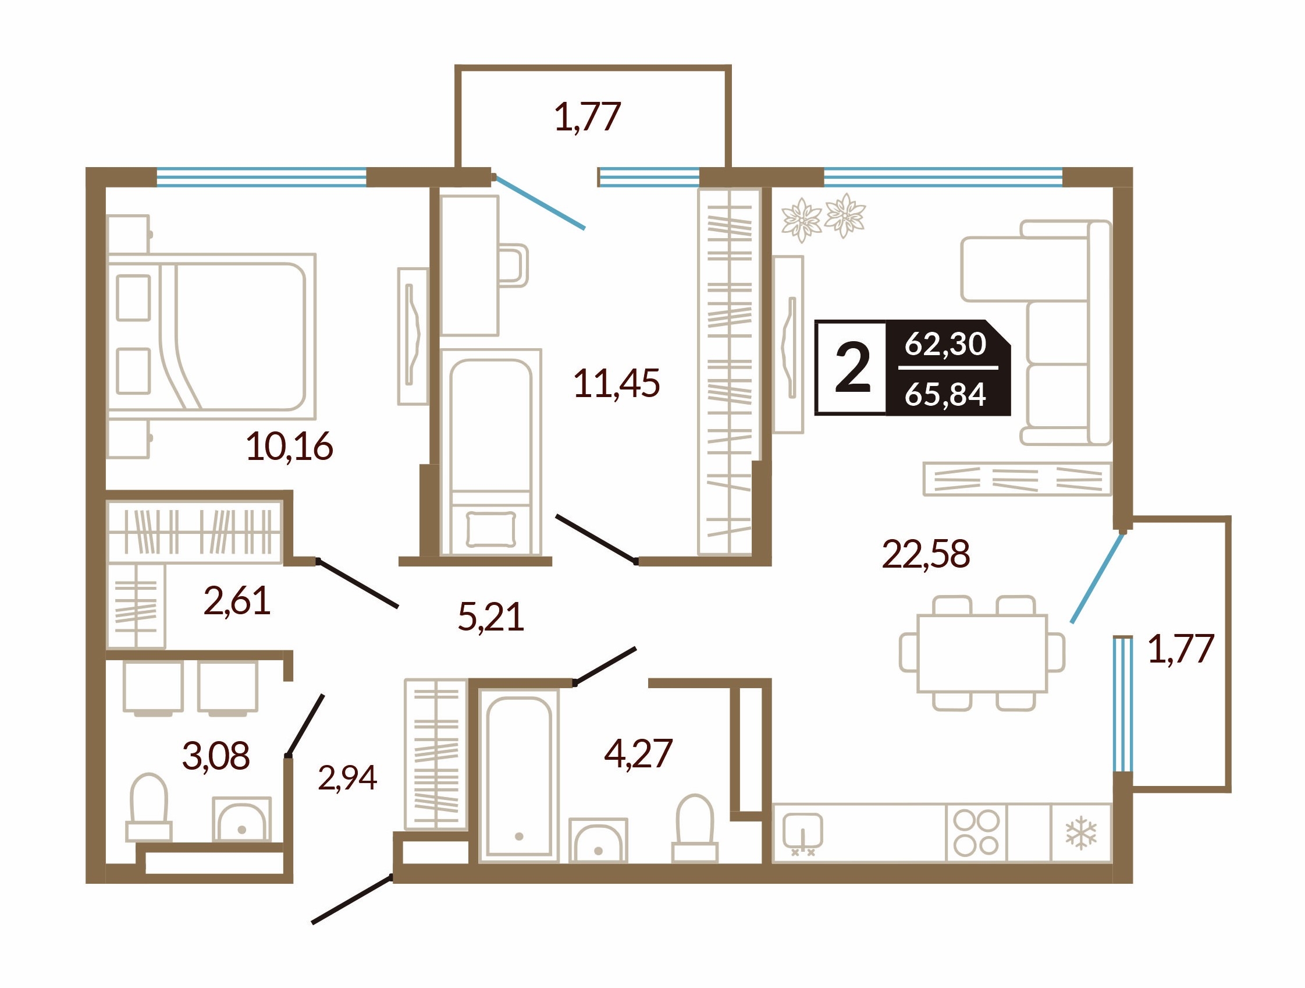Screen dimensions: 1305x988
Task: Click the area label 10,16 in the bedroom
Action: click(289, 447)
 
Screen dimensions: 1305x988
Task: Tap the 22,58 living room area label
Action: click(926, 554)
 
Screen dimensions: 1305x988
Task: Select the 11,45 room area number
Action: click(617, 383)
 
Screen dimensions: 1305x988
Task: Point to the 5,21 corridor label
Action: click(491, 617)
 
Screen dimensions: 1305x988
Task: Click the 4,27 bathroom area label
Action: click(638, 754)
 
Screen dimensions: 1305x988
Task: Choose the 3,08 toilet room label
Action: click(216, 756)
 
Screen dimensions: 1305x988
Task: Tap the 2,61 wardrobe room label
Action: click(237, 601)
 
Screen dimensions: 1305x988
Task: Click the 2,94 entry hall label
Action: click(347, 777)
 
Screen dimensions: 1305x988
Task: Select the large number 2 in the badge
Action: click(853, 369)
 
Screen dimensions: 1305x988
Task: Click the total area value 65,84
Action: click(945, 394)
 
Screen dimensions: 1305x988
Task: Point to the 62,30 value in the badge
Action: click(945, 343)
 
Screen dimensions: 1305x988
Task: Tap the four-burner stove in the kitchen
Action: click(976, 833)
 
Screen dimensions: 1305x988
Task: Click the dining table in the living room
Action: click(982, 653)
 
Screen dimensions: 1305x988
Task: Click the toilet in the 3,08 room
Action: click(149, 808)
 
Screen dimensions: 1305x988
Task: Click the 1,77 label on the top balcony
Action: click(588, 117)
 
